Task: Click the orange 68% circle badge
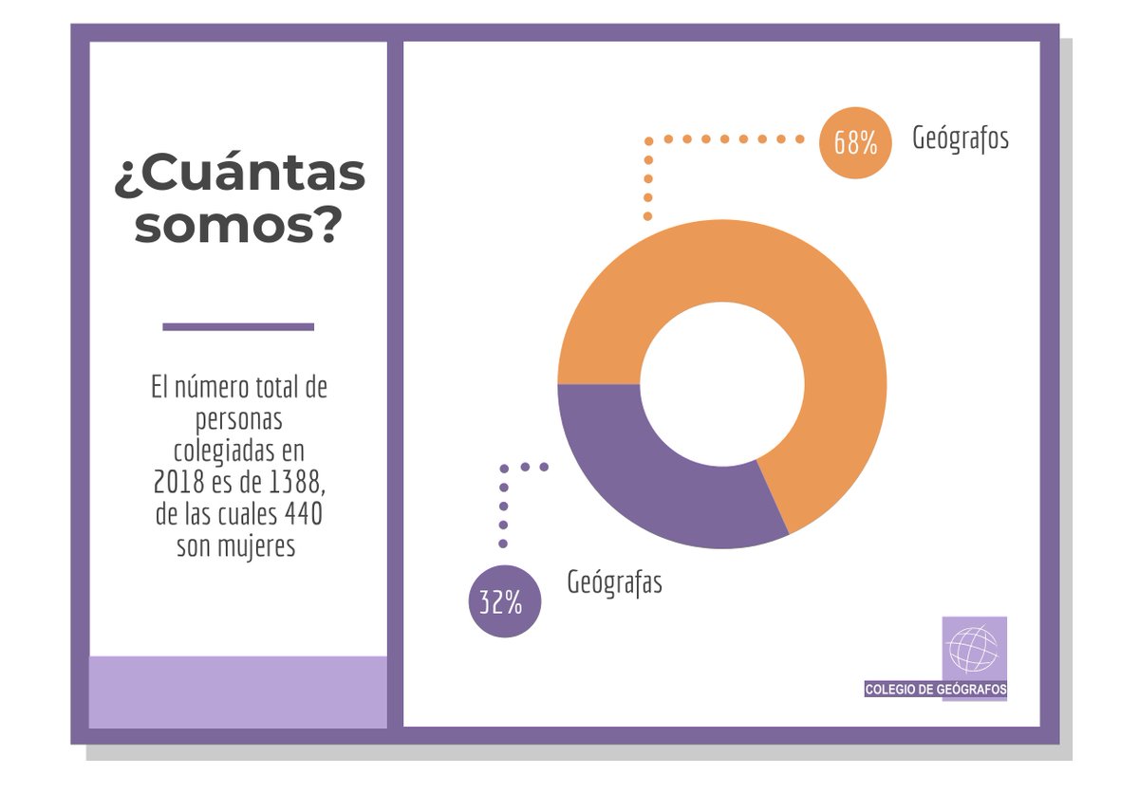(855, 142)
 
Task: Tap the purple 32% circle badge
(504, 601)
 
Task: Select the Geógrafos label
(961, 138)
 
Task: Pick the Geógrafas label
(614, 581)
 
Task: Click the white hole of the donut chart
(722, 384)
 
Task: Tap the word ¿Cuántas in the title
(239, 175)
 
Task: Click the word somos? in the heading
(237, 226)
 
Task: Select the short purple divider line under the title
(238, 326)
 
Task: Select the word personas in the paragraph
(239, 420)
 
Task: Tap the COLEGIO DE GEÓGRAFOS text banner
(936, 690)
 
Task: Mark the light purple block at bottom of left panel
(238, 692)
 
